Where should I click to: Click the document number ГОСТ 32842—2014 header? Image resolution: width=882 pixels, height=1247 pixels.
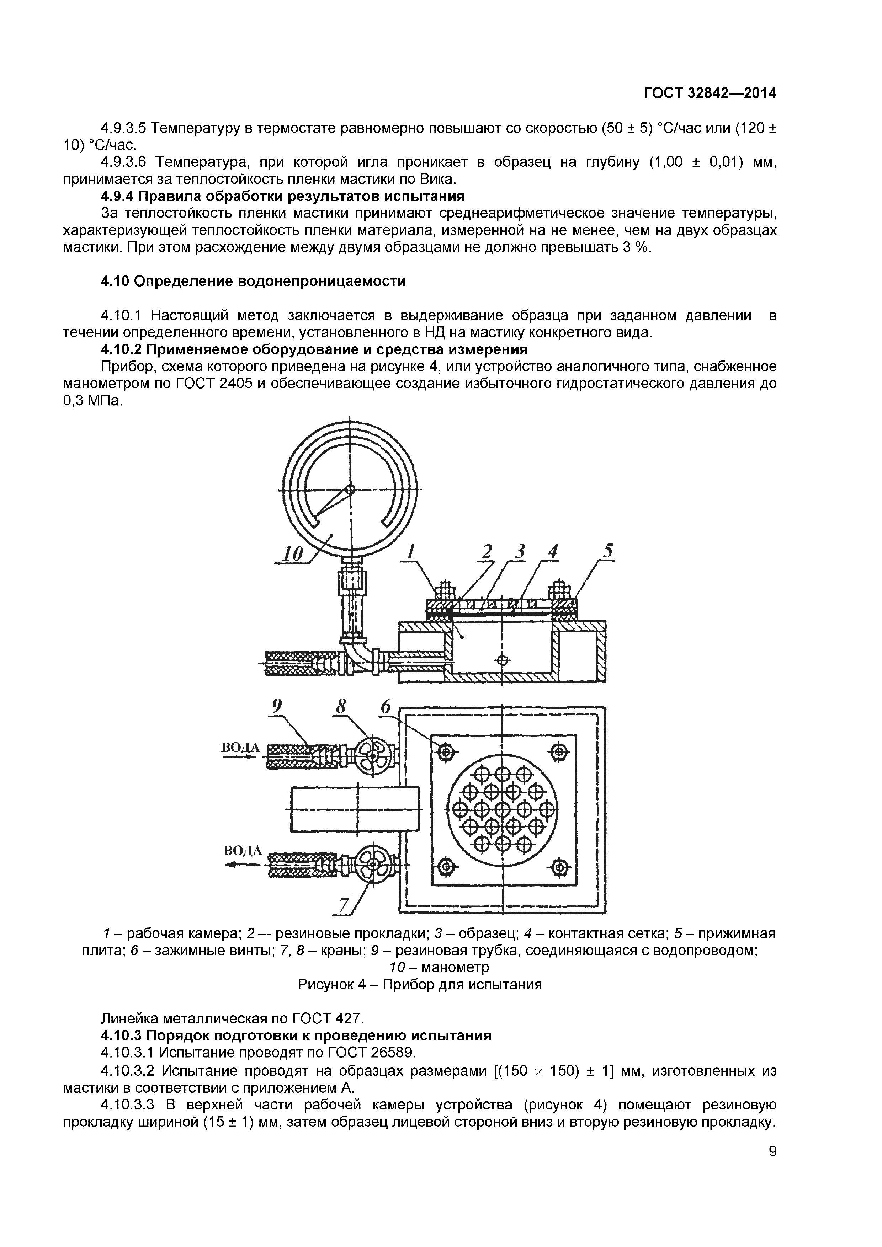pyautogui.click(x=710, y=93)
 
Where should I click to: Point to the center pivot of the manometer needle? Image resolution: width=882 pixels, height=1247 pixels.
pyautogui.click(x=350, y=489)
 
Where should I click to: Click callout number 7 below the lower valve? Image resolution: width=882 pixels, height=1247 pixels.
pyautogui.click(x=344, y=905)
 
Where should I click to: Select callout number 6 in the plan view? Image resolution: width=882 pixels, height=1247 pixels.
pyautogui.click(x=386, y=707)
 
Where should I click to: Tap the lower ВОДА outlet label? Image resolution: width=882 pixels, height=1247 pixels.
pyautogui.click(x=243, y=851)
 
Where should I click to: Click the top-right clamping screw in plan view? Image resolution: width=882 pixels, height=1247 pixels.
pyautogui.click(x=559, y=752)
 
